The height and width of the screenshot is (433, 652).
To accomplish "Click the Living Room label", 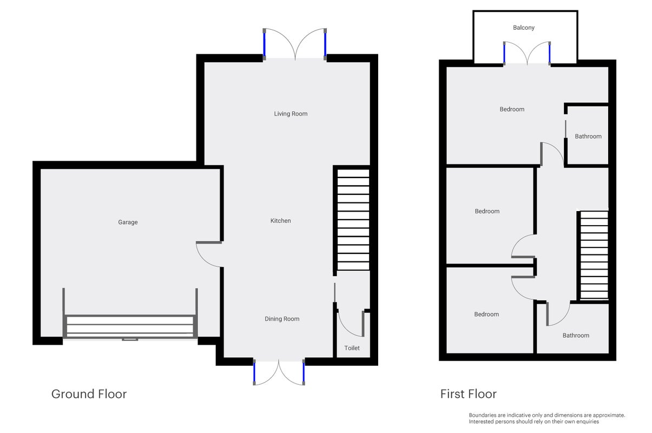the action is pyautogui.click(x=291, y=114).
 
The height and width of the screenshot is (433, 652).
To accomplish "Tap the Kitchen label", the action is pyautogui.click(x=281, y=221).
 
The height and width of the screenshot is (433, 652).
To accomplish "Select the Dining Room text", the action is pyautogui.click(x=282, y=319).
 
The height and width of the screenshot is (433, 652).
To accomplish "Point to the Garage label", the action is pyautogui.click(x=128, y=222).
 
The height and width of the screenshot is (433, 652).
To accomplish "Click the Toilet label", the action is pyautogui.click(x=352, y=348).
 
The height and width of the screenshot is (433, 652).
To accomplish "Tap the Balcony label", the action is pyautogui.click(x=524, y=28).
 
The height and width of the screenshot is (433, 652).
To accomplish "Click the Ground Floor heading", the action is pyautogui.click(x=89, y=394).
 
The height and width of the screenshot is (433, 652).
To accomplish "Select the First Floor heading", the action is pyautogui.click(x=469, y=394).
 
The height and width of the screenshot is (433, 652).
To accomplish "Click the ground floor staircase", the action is pyautogui.click(x=353, y=220).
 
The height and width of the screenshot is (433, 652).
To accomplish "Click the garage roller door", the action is pyautogui.click(x=130, y=326).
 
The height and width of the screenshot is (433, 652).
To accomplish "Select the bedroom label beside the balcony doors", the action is pyautogui.click(x=512, y=109).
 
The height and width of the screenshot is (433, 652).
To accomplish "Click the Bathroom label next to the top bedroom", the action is pyautogui.click(x=588, y=136).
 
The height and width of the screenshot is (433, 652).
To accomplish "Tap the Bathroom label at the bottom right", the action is pyautogui.click(x=576, y=336).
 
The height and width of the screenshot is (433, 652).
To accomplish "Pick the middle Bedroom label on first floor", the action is pyautogui.click(x=487, y=211).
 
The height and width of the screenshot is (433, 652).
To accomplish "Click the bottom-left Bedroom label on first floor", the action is pyautogui.click(x=486, y=314).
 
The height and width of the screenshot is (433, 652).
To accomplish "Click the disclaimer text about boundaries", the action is pyautogui.click(x=547, y=418).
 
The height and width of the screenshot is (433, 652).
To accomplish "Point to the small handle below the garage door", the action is pyautogui.click(x=130, y=339).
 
